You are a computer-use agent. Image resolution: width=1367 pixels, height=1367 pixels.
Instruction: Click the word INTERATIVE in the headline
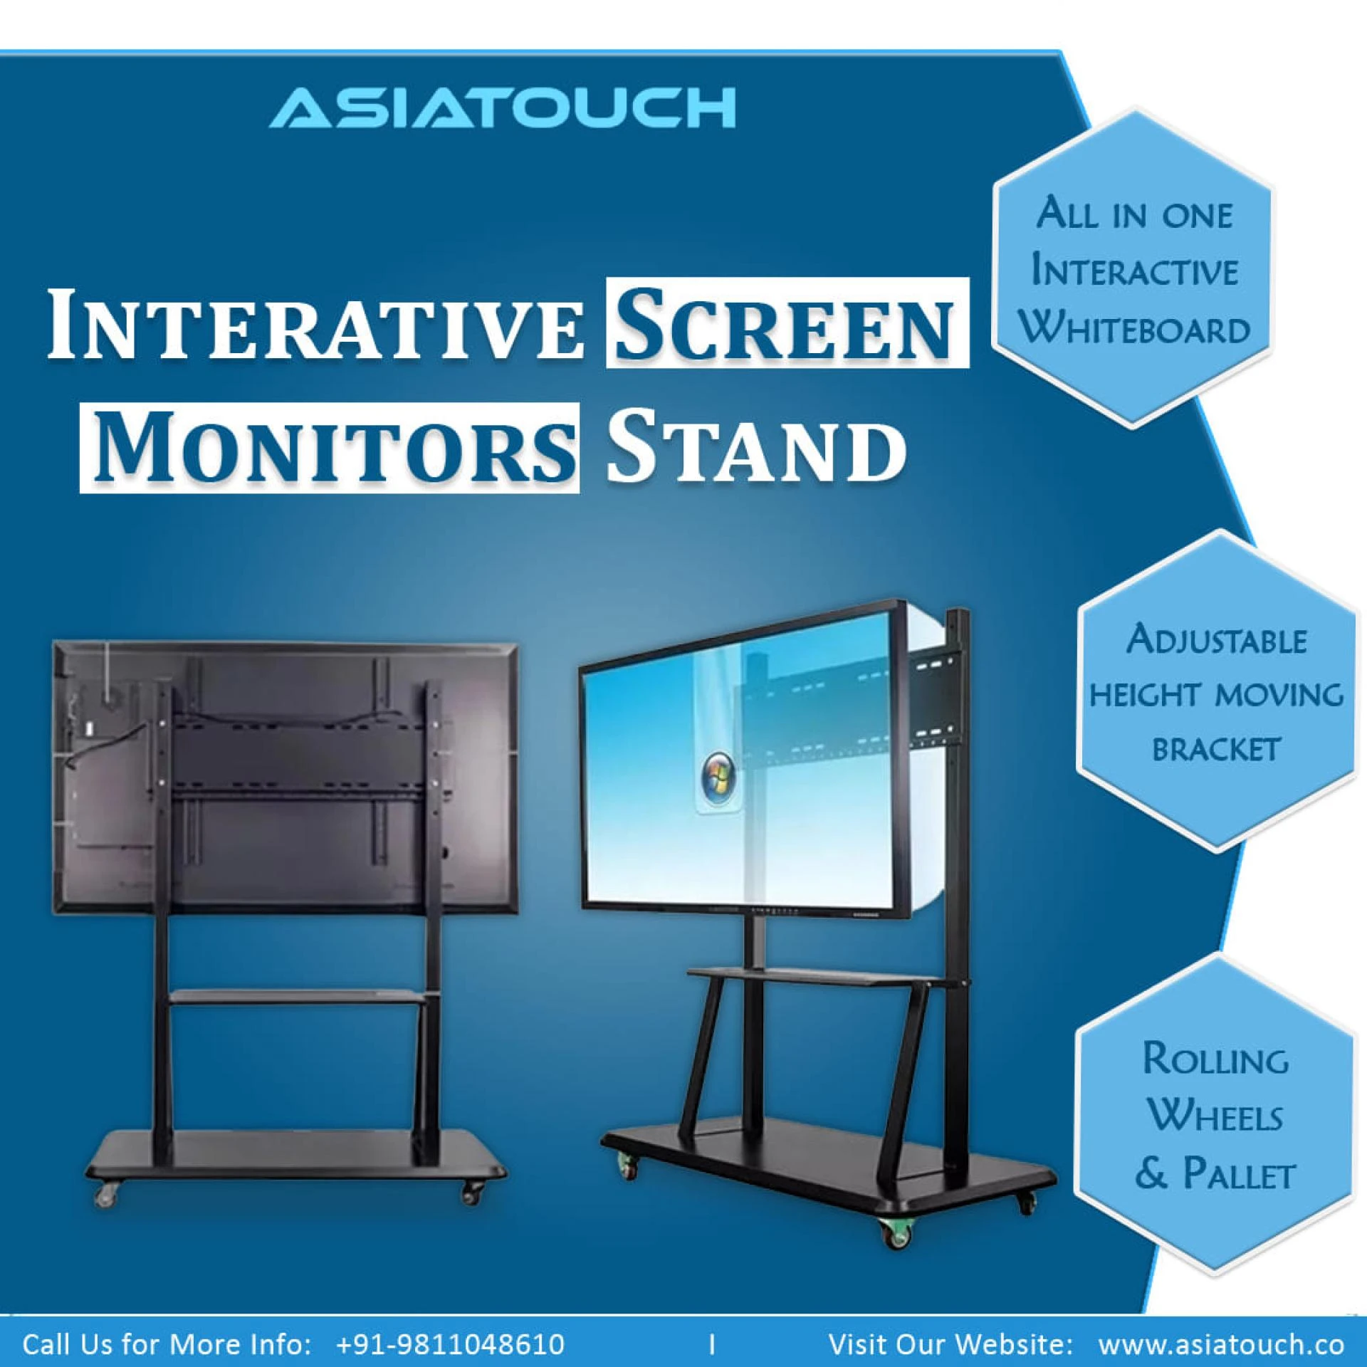[314, 323]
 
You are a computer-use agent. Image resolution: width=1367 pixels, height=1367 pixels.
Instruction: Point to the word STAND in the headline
[756, 448]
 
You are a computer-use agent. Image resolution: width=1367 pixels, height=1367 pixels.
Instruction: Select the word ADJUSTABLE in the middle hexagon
[1216, 639]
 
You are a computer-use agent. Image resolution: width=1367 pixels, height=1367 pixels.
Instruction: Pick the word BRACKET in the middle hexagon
[1216, 748]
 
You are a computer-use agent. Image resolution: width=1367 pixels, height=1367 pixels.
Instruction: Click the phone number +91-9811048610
[450, 1344]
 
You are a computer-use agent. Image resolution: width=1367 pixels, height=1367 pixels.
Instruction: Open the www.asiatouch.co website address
[1221, 1344]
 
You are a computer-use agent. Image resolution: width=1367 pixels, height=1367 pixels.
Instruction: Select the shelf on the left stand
[299, 997]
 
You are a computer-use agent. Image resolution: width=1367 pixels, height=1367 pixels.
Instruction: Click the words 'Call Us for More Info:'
[167, 1344]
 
